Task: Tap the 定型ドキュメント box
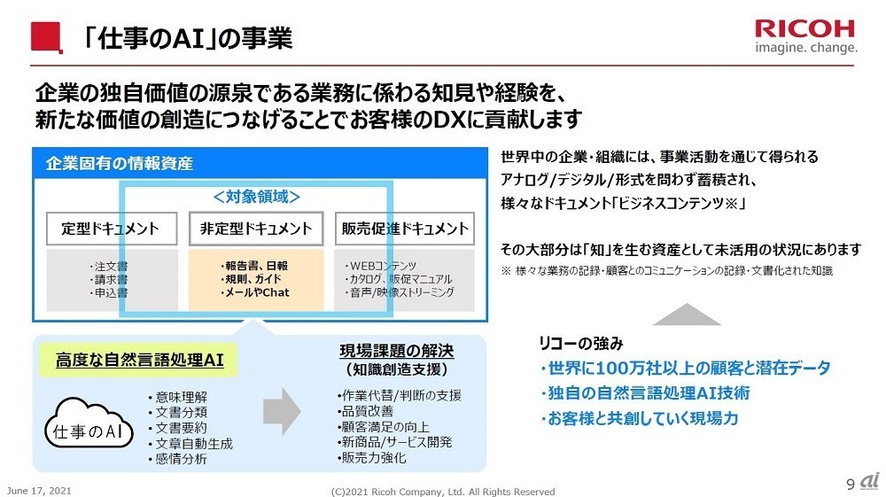(110, 229)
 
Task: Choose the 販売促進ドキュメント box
(404, 229)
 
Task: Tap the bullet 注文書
(110, 266)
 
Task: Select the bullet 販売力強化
(373, 458)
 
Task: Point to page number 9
(851, 484)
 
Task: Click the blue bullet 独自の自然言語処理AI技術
(645, 392)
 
